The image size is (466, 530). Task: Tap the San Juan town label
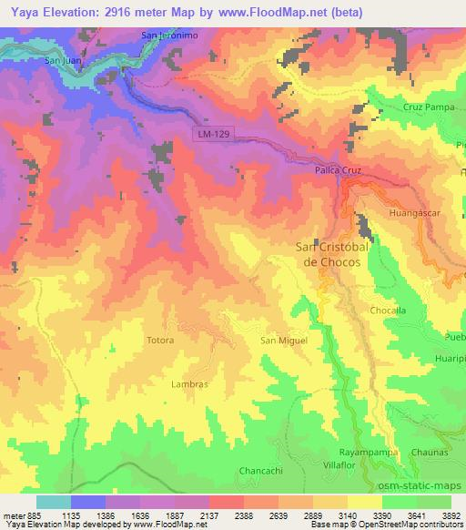coord(64,61)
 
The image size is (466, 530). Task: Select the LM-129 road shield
coord(211,134)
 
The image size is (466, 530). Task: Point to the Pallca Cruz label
coord(338,169)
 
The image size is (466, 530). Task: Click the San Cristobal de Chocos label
coord(329,254)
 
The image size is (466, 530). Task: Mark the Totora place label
coord(160,341)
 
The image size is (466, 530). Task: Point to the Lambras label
coord(189,384)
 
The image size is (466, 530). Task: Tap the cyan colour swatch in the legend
coord(53,502)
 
